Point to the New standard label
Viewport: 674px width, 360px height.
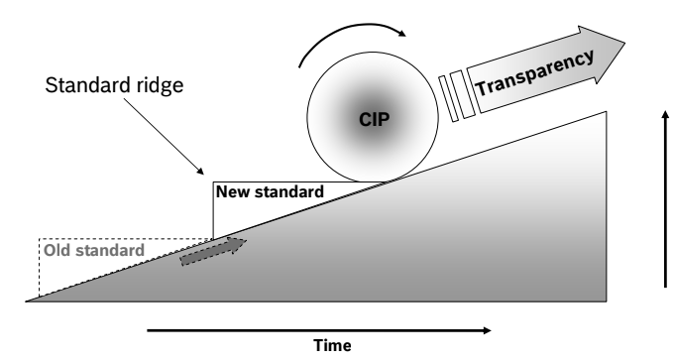271,190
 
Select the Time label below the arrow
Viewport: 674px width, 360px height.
331,345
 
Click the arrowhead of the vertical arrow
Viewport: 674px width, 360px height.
665,112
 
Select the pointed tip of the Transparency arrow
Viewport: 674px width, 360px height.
623,42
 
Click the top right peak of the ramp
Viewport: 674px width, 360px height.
607,111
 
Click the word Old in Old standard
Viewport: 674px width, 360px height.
56,249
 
